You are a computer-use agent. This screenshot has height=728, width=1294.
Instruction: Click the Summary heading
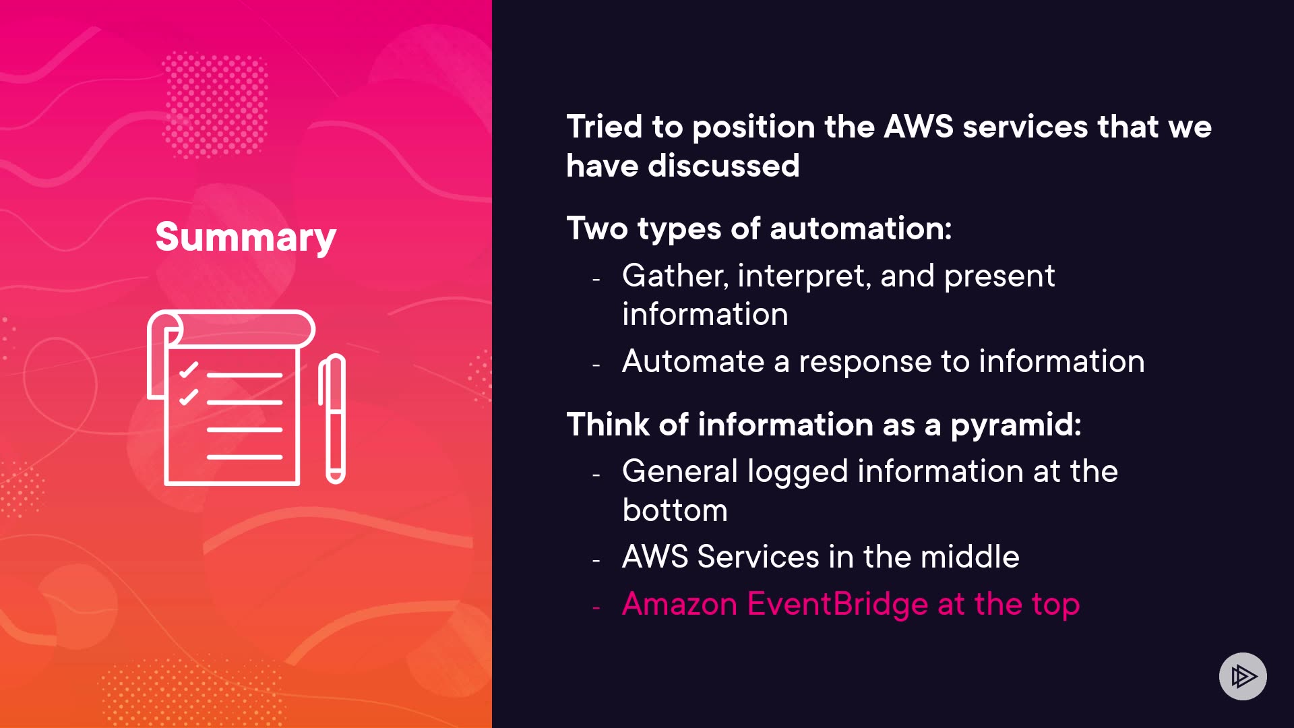pyautogui.click(x=245, y=237)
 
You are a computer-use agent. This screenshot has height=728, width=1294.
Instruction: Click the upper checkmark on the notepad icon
pyautogui.click(x=189, y=370)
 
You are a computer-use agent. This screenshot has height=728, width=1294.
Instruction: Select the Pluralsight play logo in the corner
pyautogui.click(x=1243, y=676)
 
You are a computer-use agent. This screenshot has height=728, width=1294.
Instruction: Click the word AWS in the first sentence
pyautogui.click(x=918, y=127)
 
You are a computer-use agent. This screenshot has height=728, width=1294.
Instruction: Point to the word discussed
pyautogui.click(x=723, y=166)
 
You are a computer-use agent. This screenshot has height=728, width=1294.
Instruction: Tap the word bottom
pyautogui.click(x=675, y=510)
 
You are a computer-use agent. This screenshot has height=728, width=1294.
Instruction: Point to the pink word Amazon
pyautogui.click(x=679, y=604)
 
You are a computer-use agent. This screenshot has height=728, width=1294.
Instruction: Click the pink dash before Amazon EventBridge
pyautogui.click(x=596, y=607)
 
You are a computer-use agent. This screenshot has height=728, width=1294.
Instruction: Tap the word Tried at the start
pyautogui.click(x=605, y=127)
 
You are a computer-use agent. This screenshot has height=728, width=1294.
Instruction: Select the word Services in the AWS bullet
pyautogui.click(x=758, y=557)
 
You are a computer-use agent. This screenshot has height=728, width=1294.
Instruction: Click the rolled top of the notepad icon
pyautogui.click(x=236, y=328)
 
